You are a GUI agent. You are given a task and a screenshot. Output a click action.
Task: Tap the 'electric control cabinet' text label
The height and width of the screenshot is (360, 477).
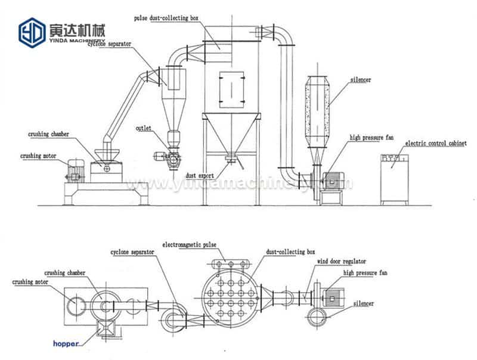(435, 144)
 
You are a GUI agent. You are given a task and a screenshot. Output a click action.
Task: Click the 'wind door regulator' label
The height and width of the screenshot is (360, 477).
(341, 261)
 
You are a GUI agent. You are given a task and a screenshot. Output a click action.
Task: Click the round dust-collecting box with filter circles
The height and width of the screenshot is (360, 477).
(229, 293)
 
